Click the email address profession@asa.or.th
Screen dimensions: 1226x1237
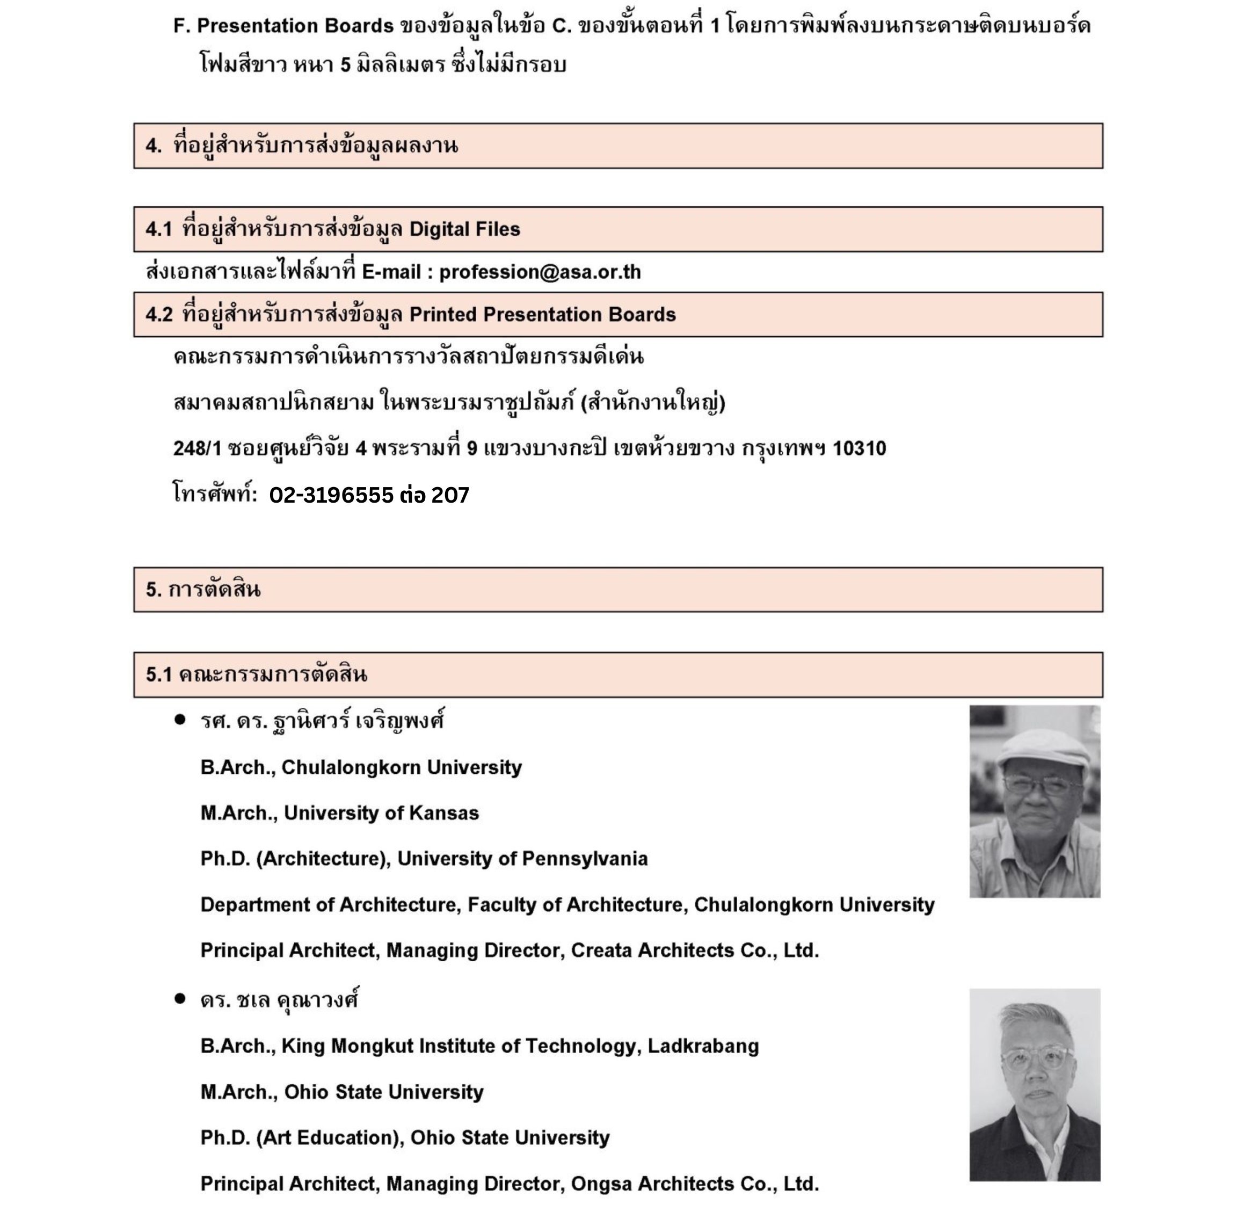540,272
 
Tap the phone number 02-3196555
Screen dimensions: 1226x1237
331,495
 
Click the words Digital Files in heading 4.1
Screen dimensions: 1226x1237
464,229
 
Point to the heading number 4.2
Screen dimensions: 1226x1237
159,315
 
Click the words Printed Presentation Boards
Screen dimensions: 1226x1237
542,315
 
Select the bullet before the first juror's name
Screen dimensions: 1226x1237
180,720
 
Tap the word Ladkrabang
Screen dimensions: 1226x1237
703,1046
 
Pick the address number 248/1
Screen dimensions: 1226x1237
197,448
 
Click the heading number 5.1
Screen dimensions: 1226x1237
159,674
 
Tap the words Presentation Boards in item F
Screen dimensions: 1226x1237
295,26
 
